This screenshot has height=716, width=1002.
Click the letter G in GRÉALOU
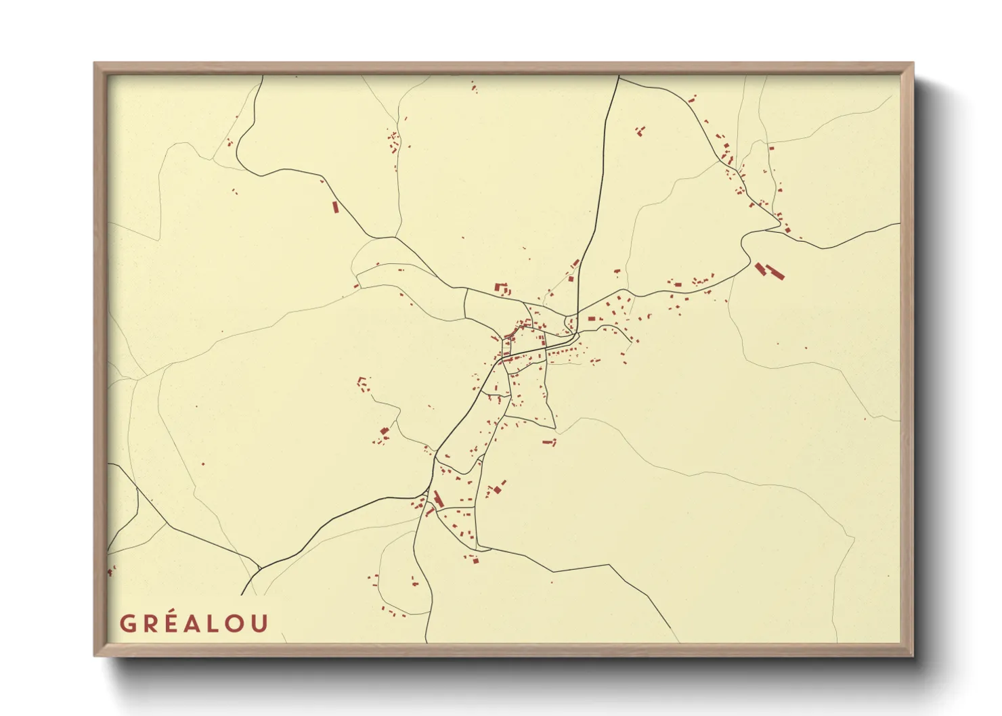tap(127, 623)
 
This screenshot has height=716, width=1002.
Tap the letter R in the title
tap(149, 623)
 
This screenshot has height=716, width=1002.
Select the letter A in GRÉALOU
tap(193, 623)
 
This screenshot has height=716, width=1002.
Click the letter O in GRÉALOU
tap(236, 623)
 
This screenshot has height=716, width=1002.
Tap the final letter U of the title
tap(260, 623)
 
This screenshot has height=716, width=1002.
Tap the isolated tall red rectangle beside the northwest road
tap(334, 207)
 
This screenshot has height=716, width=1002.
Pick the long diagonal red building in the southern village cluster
tap(438, 499)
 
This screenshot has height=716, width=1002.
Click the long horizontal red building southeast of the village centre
tap(548, 442)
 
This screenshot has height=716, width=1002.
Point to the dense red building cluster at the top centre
tap(393, 143)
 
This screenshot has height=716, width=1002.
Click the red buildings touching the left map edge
tap(111, 570)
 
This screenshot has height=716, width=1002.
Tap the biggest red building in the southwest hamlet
tap(385, 431)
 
